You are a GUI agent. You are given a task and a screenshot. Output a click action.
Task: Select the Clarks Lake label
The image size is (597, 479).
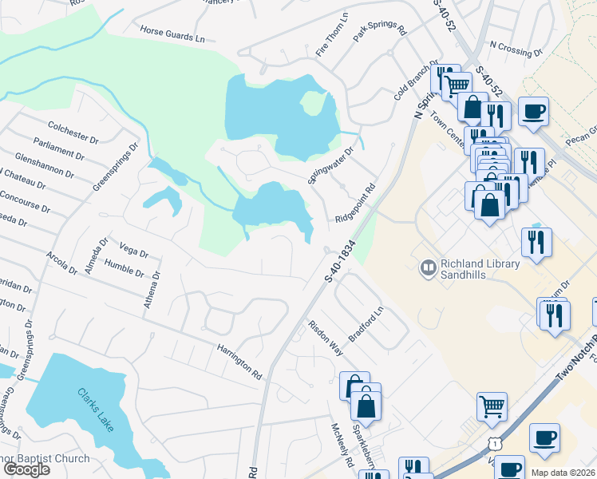click(97, 408)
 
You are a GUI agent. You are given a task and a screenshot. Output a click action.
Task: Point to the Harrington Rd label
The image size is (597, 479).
click(239, 361)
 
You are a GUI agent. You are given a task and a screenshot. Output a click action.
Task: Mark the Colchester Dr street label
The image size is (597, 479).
click(73, 132)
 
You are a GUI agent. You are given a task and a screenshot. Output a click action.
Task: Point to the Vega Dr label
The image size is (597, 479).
click(132, 249)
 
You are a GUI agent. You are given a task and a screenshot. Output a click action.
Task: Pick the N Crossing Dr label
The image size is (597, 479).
click(516, 50)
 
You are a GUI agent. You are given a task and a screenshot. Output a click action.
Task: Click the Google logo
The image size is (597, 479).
click(26, 469)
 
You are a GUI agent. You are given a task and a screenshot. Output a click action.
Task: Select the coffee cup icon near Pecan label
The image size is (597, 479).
click(533, 111)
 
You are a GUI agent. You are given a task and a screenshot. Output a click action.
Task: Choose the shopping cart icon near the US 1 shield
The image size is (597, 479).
click(492, 406)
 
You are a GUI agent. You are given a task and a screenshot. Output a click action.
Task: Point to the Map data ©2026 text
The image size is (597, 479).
click(565, 473)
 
